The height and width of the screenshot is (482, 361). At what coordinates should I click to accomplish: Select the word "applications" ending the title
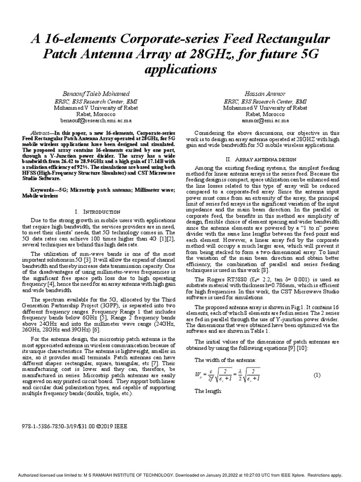click(x=180, y=70)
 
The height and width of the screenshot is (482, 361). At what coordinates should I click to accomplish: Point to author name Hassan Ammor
click(x=266, y=95)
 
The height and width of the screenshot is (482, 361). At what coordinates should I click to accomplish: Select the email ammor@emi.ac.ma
click(x=266, y=120)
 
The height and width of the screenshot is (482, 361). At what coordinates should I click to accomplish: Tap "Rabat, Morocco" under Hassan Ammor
click(x=266, y=114)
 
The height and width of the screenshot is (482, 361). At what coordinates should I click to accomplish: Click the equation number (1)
click(x=316, y=375)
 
